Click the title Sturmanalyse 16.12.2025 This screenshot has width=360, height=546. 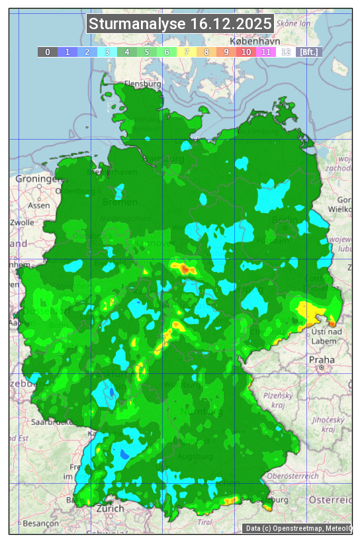tap(180, 24)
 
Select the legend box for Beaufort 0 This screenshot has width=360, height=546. tap(48, 52)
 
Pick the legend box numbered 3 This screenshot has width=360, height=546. tap(107, 52)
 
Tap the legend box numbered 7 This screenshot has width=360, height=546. tap(187, 52)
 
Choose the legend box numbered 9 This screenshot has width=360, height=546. tap(226, 52)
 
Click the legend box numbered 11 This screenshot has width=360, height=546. tap(266, 52)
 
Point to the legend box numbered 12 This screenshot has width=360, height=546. tap(286, 52)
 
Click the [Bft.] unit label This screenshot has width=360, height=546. tap(308, 52)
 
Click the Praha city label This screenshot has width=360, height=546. tap(321, 360)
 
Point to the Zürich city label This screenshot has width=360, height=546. tap(110, 508)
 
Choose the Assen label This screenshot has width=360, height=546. tap(39, 206)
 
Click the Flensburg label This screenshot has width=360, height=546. tap(143, 85)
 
